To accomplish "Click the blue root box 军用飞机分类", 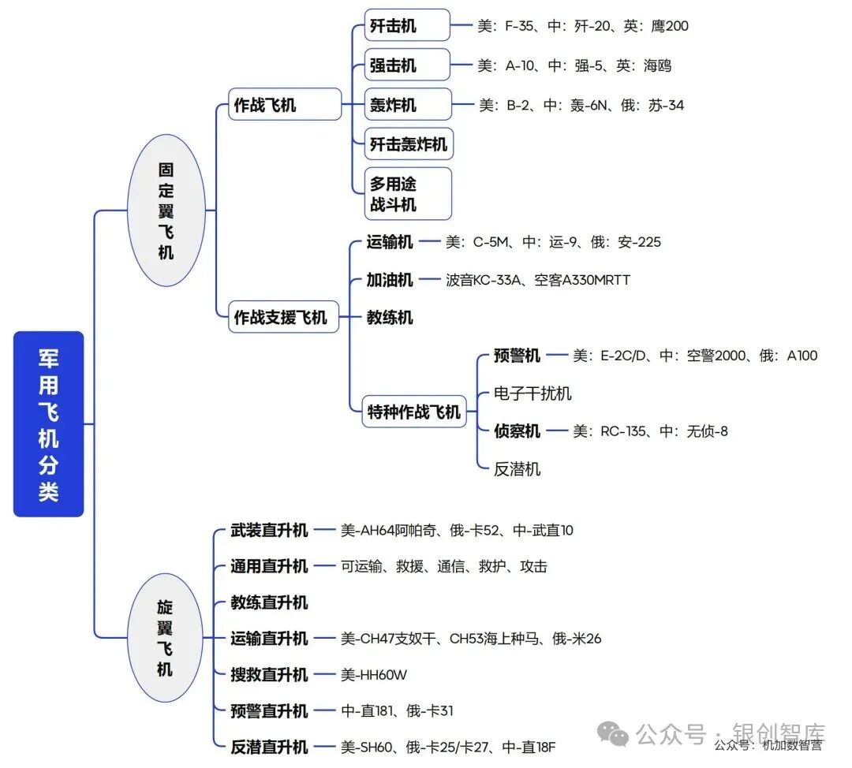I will click(48, 424).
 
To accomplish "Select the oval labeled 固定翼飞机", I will click(166, 211).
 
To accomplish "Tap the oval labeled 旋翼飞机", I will click(164, 638).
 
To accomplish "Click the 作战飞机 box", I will click(265, 105).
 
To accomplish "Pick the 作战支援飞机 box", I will click(280, 318).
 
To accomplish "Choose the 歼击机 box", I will click(406, 26).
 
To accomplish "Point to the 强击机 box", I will click(406, 65).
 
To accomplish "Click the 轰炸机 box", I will click(407, 105).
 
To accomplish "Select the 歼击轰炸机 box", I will click(409, 144).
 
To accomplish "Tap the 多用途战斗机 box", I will click(407, 194).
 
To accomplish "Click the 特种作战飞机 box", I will click(413, 412).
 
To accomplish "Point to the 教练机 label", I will click(390, 318).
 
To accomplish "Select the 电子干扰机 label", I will click(532, 393).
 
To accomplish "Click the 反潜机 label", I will click(517, 469).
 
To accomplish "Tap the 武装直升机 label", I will click(269, 530).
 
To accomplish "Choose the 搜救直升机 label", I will click(269, 674).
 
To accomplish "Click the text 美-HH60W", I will click(374, 674).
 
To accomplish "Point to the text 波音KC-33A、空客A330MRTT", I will click(537, 280).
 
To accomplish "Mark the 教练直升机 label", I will click(269, 602).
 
